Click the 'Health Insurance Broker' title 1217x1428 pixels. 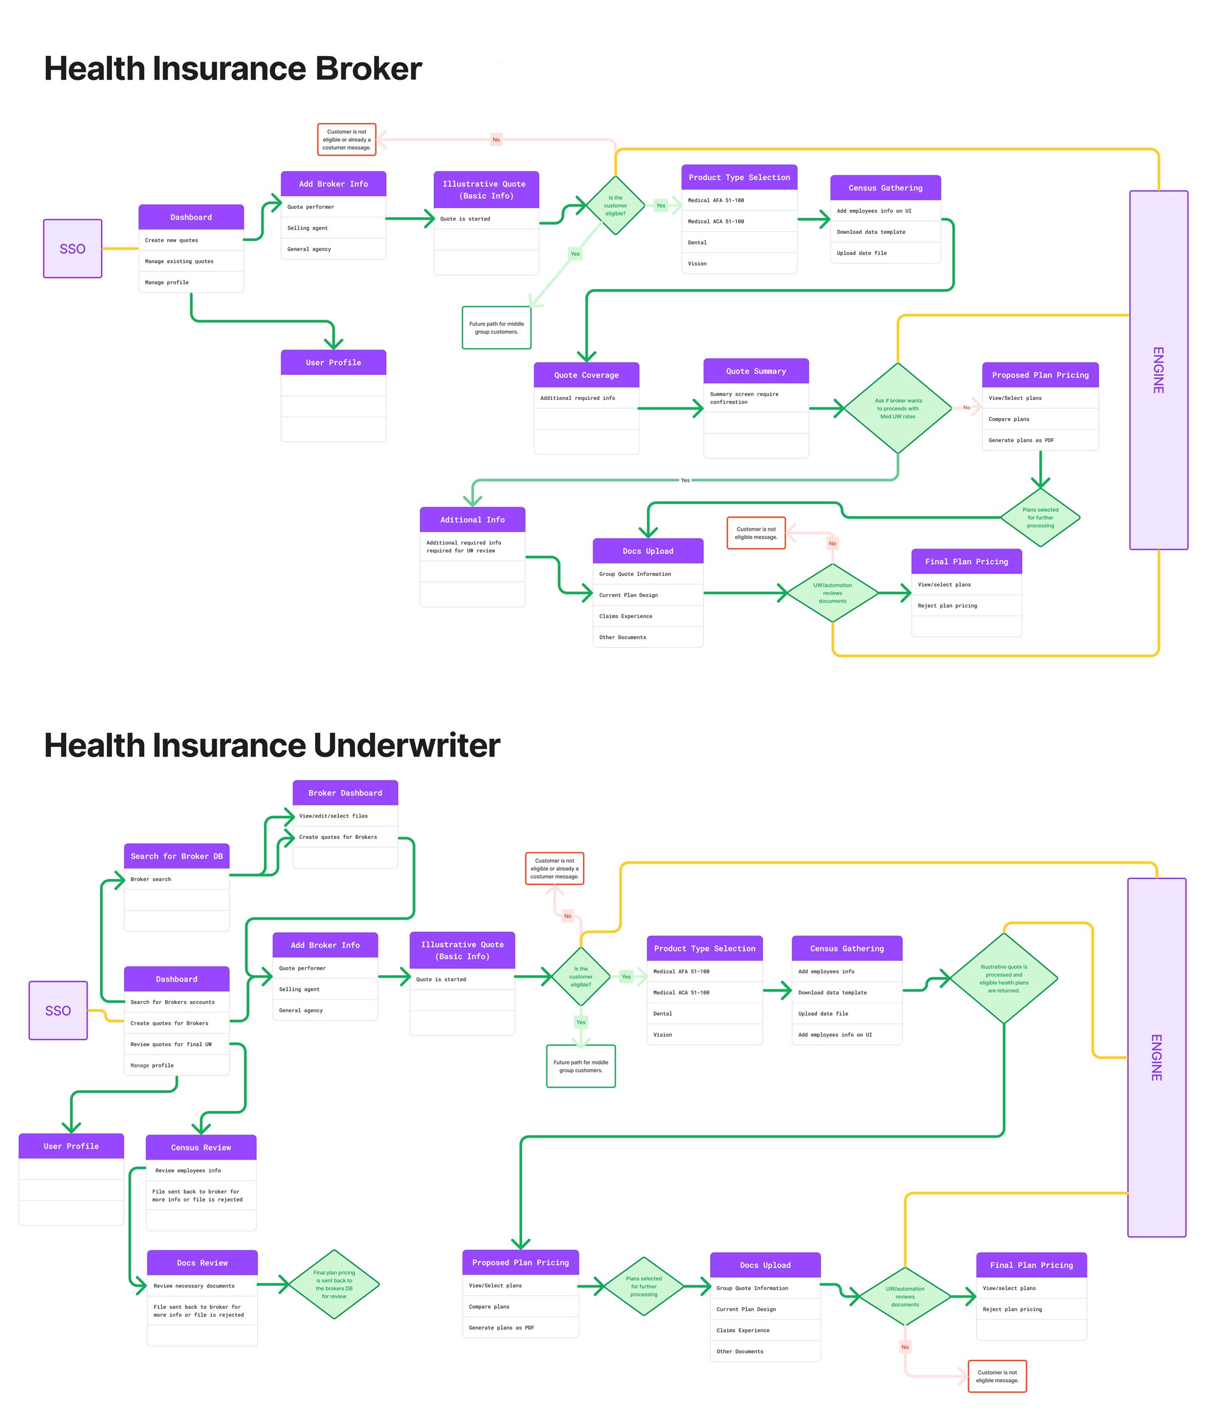click(232, 68)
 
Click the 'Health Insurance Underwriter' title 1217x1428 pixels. click(271, 745)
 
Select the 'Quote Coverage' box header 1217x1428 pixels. click(586, 375)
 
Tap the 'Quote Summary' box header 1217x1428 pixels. click(755, 371)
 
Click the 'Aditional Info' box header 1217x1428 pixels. click(472, 520)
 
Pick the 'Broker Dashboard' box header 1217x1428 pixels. click(344, 793)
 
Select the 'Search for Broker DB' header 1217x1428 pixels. click(176, 856)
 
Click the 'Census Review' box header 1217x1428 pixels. click(201, 1147)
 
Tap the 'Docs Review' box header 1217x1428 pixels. click(202, 1262)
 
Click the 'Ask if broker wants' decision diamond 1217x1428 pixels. click(898, 408)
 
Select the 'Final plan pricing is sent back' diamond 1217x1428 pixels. click(333, 1284)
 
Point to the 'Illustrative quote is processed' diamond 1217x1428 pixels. click(1003, 978)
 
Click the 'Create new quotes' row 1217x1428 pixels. click(191, 240)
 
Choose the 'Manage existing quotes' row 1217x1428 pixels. click(191, 261)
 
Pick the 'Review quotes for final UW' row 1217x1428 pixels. click(176, 1044)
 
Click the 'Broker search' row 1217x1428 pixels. click(176, 879)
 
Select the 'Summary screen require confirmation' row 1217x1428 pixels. click(755, 397)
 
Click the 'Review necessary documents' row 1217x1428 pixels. click(202, 1286)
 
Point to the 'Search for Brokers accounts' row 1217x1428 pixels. click(176, 1002)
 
